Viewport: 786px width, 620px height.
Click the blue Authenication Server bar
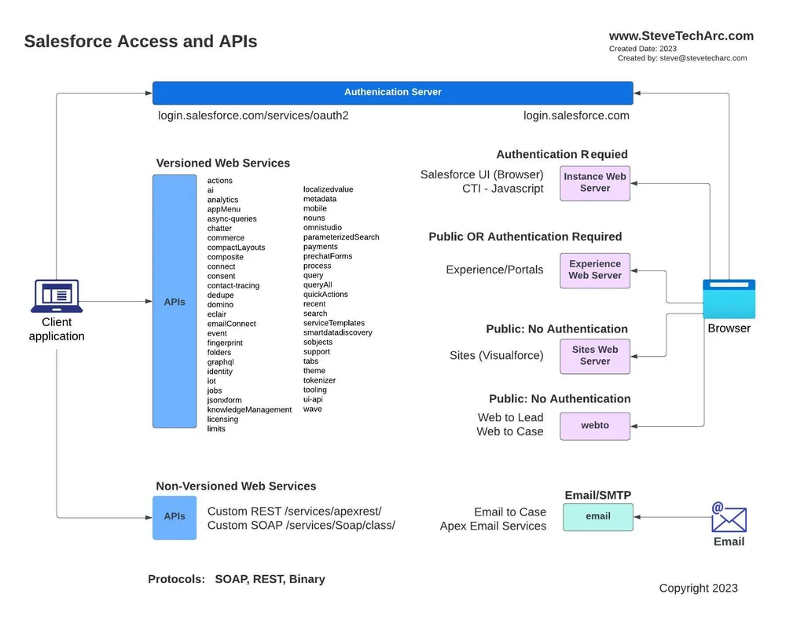(392, 92)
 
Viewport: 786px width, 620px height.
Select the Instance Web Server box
(595, 182)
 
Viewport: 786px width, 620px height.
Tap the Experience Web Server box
(595, 270)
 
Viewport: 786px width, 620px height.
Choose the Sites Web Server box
(595, 355)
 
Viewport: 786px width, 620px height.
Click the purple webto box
(595, 425)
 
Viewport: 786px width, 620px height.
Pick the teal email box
(597, 516)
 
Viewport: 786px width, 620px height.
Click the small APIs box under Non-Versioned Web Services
(174, 517)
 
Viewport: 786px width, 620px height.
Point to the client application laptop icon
(57, 295)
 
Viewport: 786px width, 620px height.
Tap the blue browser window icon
(729, 299)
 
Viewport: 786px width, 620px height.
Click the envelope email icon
(729, 519)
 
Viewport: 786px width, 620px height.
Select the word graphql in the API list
(220, 362)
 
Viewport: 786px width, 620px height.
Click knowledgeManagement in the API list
(249, 409)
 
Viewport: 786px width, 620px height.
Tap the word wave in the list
(312, 409)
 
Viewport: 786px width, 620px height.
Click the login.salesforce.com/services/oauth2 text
(253, 116)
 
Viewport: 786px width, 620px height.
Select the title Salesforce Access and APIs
(141, 42)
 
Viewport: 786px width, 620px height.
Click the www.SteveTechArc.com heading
(681, 36)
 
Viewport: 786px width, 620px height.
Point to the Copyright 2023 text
(698, 588)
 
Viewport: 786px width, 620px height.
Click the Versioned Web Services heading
(222, 163)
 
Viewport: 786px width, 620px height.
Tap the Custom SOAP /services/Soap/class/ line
(301, 525)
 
